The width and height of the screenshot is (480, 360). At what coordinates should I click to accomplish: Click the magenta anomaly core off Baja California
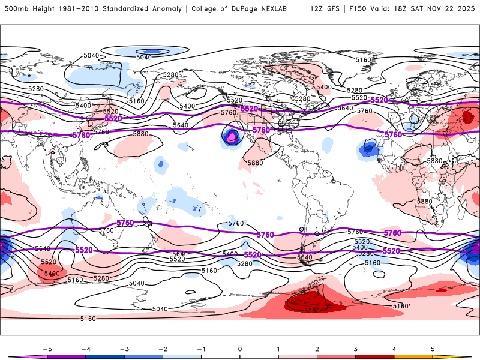click(x=232, y=137)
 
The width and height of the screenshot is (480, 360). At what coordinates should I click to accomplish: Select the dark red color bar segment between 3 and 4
click(x=375, y=357)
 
